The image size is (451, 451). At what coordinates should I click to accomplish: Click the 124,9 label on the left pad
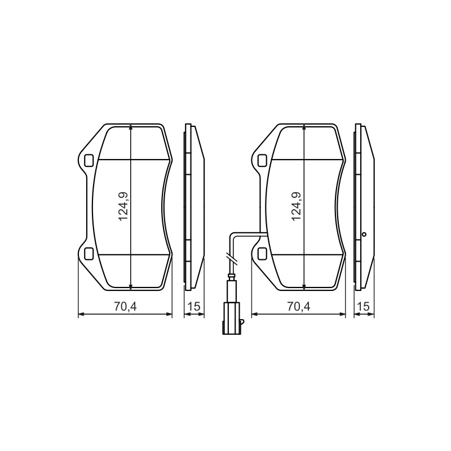pos(123,206)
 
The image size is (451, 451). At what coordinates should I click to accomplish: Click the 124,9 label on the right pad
pos(297,206)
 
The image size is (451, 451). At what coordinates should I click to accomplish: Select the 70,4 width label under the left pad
pos(125,307)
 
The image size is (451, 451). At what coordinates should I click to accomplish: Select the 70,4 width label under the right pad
pos(299,307)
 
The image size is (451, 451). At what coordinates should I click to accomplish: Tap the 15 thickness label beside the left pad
pos(193,306)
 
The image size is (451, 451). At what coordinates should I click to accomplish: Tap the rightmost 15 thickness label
pos(364,306)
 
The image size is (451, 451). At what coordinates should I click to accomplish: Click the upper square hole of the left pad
pos(89,161)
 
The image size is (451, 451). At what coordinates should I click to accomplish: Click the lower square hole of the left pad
pos(89,253)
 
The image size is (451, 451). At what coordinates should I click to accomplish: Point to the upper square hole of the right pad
pos(262,161)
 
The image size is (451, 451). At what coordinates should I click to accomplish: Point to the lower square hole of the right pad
pos(262,253)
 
